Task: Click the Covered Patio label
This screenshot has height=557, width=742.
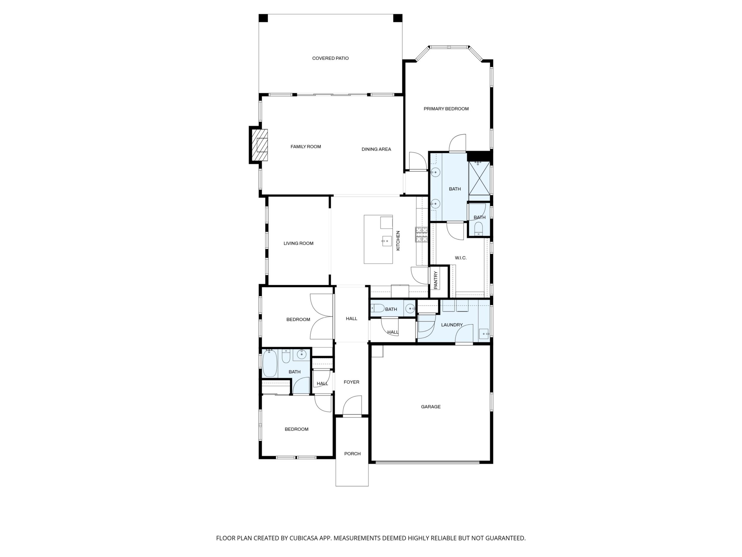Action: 330,58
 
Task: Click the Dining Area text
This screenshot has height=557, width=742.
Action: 376,149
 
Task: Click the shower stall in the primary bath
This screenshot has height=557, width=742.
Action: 479,178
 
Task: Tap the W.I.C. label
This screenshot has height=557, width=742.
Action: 460,258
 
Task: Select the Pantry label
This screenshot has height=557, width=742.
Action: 436,280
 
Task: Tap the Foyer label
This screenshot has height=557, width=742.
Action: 352,382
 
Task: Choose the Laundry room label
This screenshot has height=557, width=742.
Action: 452,325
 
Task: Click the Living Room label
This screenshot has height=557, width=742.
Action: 298,243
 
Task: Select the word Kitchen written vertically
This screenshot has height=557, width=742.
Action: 398,240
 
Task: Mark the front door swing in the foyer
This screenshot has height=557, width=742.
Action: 352,406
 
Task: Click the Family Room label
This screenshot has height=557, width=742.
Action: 306,147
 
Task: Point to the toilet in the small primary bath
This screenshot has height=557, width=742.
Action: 479,228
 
